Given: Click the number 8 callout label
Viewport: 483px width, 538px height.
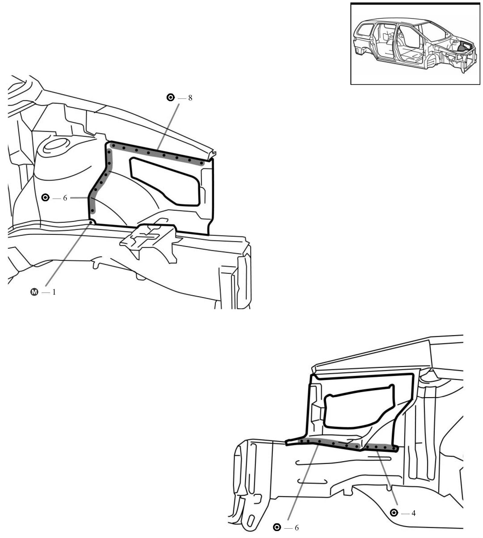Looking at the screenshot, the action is point(190,98).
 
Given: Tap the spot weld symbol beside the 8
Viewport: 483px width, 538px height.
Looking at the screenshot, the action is point(171,98).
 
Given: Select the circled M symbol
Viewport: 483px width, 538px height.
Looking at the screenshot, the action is point(35,292).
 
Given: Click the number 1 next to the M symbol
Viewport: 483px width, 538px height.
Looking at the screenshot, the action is point(54,292).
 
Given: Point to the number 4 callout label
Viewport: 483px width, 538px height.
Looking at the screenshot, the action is point(413,513).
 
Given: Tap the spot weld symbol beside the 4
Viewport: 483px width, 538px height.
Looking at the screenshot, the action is point(394,513).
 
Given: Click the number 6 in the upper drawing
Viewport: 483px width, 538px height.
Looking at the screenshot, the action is point(65,198).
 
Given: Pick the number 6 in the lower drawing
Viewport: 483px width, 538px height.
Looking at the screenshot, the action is point(296,528).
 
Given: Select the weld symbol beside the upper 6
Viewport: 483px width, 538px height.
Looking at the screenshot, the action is point(46,198).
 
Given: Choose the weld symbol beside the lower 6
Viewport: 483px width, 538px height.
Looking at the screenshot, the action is point(277,527).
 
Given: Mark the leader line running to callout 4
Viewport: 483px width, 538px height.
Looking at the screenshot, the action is point(388,481).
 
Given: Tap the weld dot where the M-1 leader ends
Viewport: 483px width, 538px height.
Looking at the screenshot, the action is point(90,222).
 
